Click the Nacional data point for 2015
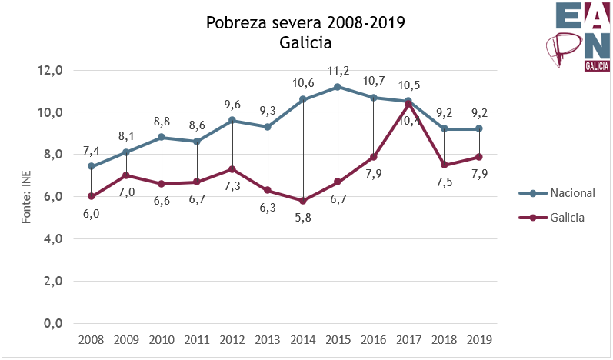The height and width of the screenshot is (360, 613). (x=338, y=87)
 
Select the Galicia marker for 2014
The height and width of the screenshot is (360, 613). (x=303, y=201)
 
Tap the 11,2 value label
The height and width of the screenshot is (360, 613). (x=338, y=72)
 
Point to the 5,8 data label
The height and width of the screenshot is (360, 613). (x=303, y=218)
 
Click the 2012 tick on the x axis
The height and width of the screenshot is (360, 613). (x=232, y=338)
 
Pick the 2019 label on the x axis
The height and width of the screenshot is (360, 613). (x=479, y=338)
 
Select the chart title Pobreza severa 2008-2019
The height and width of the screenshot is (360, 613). (x=305, y=23)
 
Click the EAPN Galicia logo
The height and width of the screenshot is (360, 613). (x=576, y=38)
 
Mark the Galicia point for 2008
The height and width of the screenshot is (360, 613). (x=91, y=196)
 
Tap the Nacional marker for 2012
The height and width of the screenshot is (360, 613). (x=232, y=121)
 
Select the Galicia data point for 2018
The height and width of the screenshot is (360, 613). (x=444, y=165)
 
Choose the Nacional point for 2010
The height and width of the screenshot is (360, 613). (x=162, y=137)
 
